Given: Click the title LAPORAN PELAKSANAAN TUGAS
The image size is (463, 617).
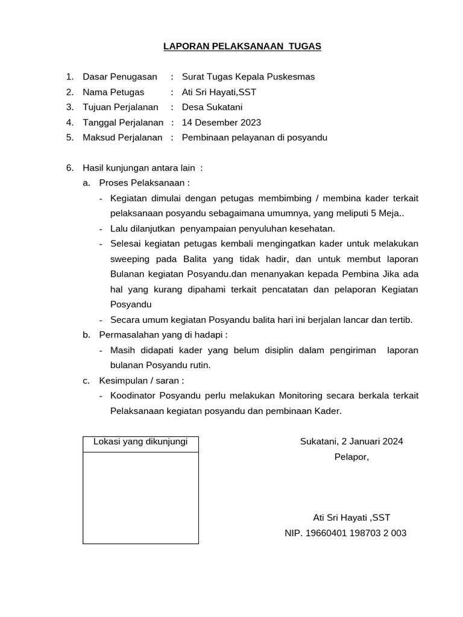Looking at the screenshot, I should [242, 46].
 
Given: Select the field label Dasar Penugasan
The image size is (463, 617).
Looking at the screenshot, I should [119, 77].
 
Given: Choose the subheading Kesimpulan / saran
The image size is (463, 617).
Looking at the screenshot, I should [141, 380].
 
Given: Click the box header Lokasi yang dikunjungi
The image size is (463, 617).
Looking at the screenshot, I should [140, 442].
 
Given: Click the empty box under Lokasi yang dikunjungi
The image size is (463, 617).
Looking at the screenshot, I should [140, 498].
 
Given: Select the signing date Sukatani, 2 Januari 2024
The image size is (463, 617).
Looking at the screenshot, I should [351, 441].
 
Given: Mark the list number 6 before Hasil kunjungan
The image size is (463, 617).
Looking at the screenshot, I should [69, 168].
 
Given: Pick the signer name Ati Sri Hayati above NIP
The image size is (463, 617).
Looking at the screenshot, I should [351, 518].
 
